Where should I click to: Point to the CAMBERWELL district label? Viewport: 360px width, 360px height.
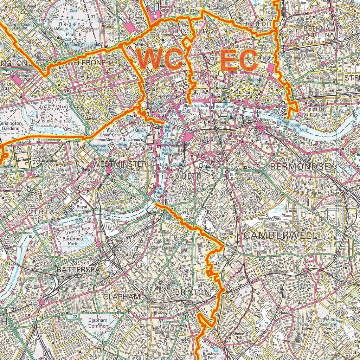point(280,235)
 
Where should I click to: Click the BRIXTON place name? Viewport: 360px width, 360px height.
point(192,292)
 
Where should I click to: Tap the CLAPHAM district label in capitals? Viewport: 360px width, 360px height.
point(122,297)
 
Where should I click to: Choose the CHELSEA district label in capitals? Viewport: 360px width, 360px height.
point(40,212)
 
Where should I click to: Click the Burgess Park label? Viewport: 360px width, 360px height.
point(269,219)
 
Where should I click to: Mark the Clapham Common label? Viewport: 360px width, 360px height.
point(97,323)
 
